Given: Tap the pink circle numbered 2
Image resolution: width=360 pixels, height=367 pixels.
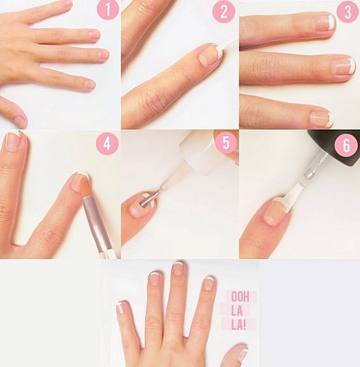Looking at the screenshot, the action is point(223,12).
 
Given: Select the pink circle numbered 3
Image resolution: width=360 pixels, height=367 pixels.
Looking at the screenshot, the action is point(348,12).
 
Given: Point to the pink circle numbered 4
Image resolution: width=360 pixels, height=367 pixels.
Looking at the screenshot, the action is point(107,144).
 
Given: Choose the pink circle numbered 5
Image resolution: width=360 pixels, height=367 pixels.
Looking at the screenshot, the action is point(226,142).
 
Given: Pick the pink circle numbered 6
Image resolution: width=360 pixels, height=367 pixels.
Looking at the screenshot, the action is point(347,145).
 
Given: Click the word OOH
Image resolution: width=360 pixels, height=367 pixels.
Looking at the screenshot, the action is point(240,297).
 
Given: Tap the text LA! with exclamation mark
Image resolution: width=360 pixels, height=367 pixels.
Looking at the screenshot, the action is point(238,325).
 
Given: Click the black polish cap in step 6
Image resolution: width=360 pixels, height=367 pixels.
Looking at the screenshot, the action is point(336,147).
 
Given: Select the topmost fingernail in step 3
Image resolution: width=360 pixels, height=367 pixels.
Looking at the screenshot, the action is point(324,23).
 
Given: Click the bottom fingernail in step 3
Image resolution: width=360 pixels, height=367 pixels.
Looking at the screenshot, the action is point(322,119).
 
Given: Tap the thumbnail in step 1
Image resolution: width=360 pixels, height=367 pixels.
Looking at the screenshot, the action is point(21,121).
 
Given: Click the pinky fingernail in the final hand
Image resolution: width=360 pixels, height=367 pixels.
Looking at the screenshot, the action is point(122,307).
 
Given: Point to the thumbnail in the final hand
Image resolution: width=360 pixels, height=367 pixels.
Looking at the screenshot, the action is point(241,354).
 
